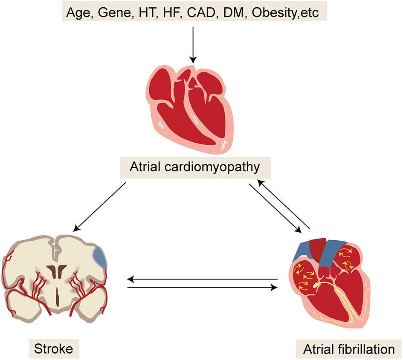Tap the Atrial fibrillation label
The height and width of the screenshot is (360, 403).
click(x=348, y=349)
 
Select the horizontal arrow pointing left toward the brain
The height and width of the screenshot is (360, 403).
click(x=203, y=279)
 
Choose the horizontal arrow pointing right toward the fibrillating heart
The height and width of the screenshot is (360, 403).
click(x=203, y=288)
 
